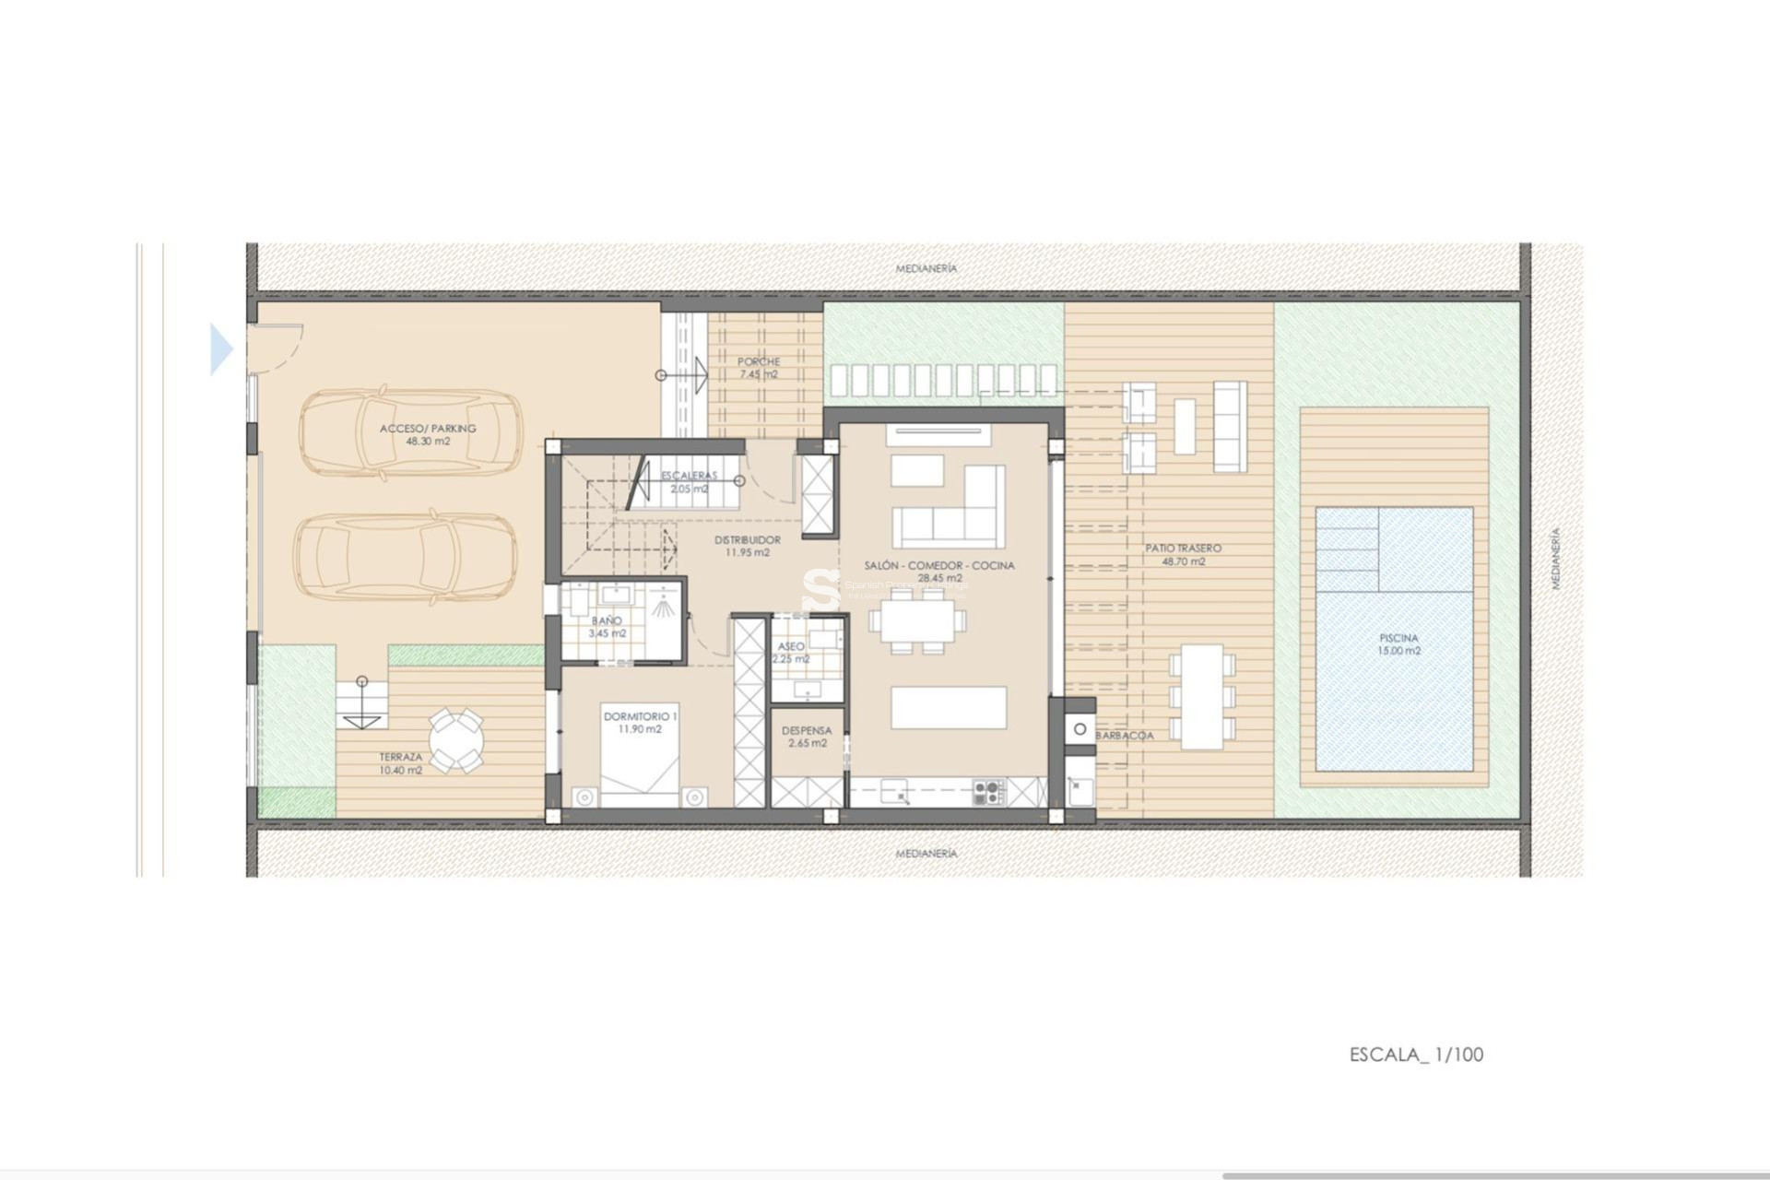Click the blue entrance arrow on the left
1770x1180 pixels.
click(221, 349)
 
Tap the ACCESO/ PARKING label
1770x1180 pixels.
click(428, 429)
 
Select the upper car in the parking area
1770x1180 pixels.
click(409, 433)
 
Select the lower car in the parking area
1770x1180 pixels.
click(406, 556)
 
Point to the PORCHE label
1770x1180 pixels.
click(759, 362)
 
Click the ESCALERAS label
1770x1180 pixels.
click(689, 476)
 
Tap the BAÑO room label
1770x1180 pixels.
click(607, 621)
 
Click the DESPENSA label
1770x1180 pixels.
click(807, 731)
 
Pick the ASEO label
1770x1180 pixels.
click(791, 647)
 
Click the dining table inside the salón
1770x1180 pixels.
click(917, 621)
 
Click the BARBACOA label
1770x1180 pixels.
click(1125, 736)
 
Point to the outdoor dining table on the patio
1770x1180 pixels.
click(1202, 696)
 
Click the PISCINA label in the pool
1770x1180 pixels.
click(1398, 638)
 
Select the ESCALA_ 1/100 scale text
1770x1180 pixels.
click(1416, 1055)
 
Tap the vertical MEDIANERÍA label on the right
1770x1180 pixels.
click(1555, 559)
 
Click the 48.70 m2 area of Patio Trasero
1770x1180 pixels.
click(1184, 561)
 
